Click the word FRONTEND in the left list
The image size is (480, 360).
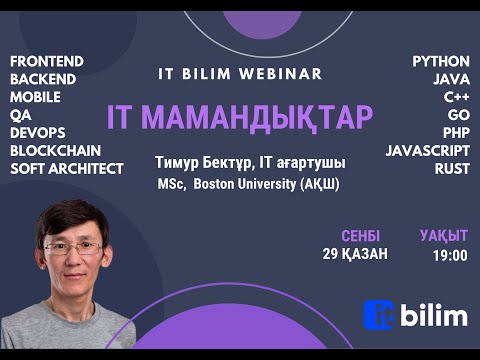pos(46,61)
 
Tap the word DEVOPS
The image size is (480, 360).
pos(38,133)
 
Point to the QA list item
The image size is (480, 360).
pos(20,115)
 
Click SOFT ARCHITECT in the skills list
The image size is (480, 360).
pos(67,169)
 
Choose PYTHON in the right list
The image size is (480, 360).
pos(441,61)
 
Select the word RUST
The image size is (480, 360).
pos(452,169)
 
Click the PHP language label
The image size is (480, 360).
pos(454,133)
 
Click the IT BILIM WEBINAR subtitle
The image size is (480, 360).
pos(240,74)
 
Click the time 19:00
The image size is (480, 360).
pos(451,256)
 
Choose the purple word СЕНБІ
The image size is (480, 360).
pos(360,236)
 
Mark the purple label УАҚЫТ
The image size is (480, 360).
pos(444,236)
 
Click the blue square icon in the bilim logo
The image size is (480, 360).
pos(377,316)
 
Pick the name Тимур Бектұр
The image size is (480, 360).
pos(200,162)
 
